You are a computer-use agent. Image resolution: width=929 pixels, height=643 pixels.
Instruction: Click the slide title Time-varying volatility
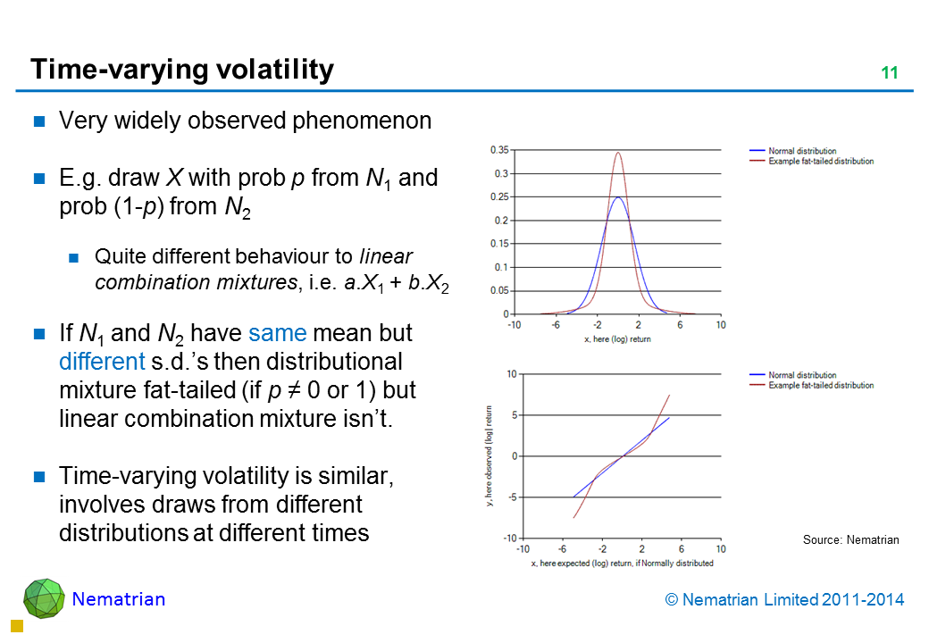coord(182,70)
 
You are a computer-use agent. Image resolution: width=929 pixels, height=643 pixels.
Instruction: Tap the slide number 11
coord(889,73)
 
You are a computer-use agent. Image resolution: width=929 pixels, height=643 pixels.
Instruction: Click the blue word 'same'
coord(278,334)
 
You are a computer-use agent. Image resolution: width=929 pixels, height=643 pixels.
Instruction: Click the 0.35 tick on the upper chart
coord(498,150)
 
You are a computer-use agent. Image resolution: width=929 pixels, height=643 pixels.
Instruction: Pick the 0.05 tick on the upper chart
coord(498,290)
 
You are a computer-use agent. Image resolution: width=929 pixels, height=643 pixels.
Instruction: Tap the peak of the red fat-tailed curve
coord(617,152)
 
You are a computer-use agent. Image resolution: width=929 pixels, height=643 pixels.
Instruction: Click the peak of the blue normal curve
coord(617,197)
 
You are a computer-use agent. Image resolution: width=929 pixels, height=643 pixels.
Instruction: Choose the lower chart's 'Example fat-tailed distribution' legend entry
coord(821,385)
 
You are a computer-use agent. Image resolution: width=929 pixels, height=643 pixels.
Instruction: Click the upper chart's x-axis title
coord(617,339)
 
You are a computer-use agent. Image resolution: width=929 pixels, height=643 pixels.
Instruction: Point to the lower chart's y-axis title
coord(489,455)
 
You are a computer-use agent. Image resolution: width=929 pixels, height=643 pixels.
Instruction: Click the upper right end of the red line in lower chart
coord(669,395)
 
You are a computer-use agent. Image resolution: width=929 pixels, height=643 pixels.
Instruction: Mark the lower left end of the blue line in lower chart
coord(573,497)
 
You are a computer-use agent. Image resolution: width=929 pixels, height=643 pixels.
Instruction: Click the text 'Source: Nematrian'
coord(850,539)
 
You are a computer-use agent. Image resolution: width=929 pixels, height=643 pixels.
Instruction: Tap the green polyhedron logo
coord(44,597)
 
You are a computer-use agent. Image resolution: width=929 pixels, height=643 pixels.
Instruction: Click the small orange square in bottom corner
coord(15,626)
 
